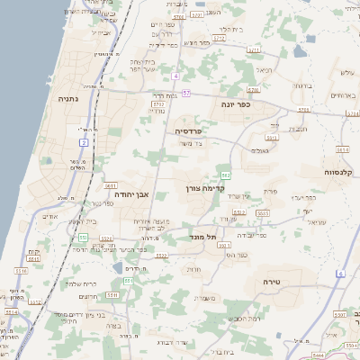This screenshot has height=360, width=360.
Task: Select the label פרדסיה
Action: pos(188,130)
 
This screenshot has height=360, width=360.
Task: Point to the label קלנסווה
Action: pos(342,171)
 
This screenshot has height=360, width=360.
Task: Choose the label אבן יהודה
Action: pos(130,193)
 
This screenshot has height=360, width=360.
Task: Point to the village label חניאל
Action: pos(264,68)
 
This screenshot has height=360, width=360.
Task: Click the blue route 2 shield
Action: pos(83,142)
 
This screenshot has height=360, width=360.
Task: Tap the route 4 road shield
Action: pos(177,75)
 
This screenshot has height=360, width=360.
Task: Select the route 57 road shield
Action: pos(185,93)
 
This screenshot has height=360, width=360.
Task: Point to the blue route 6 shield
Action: pos(341,273)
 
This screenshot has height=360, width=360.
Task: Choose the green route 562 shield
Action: pos(225,174)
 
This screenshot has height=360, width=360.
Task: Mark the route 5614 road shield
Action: pos(343,150)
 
